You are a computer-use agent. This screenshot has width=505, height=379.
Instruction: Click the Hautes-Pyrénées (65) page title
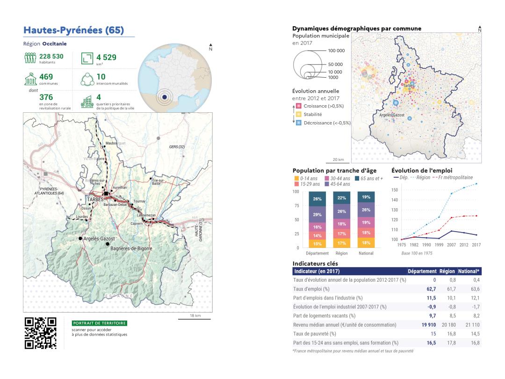[73, 30]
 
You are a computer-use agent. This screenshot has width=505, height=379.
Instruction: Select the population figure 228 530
[51, 57]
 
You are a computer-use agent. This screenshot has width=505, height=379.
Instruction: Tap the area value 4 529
[106, 57]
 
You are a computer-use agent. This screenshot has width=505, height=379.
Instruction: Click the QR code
[40, 333]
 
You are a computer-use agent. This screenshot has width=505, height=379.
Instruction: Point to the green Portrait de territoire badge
[99, 323]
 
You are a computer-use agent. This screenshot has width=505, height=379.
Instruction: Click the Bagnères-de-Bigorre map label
[130, 248]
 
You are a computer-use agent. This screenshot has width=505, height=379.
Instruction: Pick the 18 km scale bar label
[195, 315]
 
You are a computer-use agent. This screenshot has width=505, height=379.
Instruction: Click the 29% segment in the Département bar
[317, 214]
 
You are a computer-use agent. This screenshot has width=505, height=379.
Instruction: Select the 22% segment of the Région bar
[342, 199]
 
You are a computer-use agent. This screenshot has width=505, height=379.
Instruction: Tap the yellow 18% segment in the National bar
[366, 243]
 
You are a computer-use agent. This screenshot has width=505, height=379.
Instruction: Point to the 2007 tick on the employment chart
[451, 244]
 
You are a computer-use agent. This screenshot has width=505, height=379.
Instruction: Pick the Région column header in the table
[447, 271]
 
